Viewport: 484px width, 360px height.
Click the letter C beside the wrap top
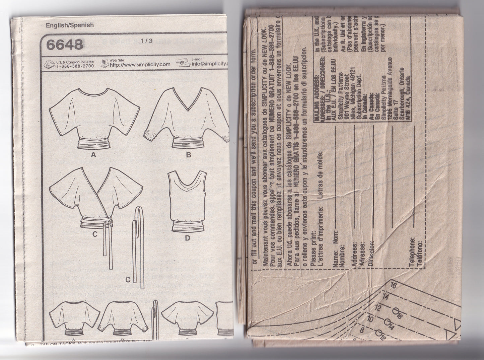pyautogui.click(x=94, y=234)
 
